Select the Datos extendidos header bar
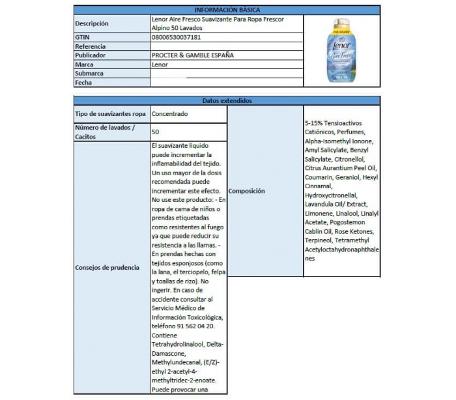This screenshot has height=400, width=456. click(x=227, y=101)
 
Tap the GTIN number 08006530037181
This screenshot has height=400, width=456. click(x=174, y=38)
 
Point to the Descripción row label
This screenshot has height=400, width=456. click(x=92, y=24)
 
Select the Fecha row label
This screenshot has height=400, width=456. click(x=83, y=83)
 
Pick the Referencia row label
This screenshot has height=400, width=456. click(x=91, y=46)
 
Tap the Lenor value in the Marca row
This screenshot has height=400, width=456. click(x=159, y=64)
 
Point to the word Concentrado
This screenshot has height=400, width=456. click(x=170, y=114)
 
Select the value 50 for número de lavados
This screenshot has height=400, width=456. click(x=156, y=132)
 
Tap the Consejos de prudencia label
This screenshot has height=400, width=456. click(x=107, y=268)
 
